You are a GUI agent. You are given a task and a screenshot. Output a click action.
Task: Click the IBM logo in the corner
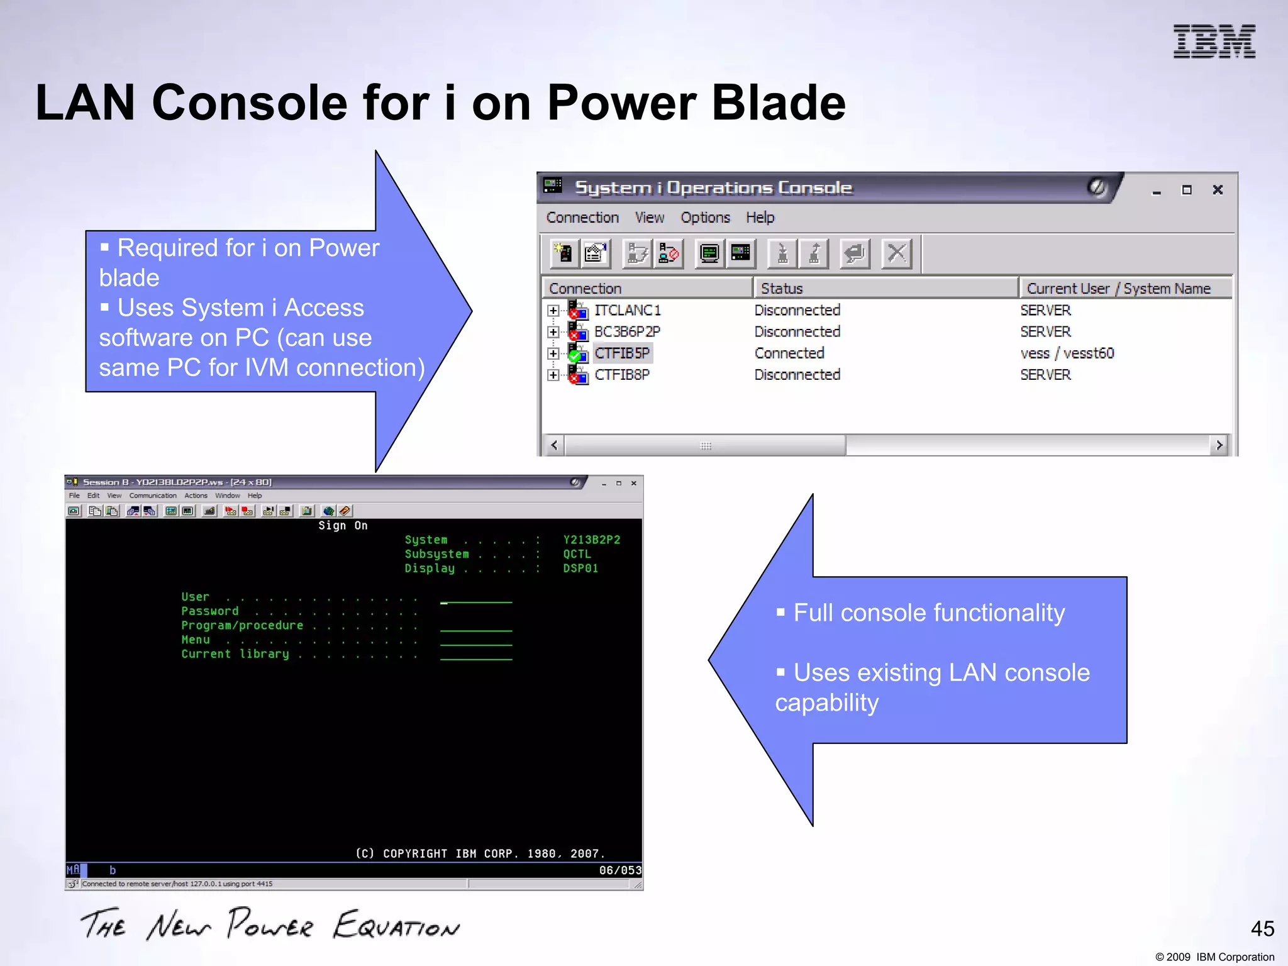(1214, 42)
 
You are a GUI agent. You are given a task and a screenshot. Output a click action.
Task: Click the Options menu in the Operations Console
(705, 218)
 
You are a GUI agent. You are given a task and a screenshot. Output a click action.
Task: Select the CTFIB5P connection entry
(622, 353)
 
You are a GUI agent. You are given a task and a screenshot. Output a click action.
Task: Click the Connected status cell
(789, 353)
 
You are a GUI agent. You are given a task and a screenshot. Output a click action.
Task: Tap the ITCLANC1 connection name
(627, 311)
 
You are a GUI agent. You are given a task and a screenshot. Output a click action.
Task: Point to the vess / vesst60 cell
(1067, 353)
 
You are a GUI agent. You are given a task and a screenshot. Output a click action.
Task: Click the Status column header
(782, 289)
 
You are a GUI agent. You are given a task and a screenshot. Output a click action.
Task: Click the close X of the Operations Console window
(1218, 190)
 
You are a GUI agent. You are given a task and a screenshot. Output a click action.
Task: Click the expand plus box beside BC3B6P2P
(553, 332)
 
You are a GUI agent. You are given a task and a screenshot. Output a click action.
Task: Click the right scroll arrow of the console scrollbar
(1219, 445)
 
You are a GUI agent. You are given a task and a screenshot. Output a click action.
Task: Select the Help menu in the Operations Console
(760, 218)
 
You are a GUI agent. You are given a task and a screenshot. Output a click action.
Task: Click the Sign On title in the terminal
(343, 526)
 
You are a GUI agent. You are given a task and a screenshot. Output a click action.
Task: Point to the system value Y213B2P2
(591, 540)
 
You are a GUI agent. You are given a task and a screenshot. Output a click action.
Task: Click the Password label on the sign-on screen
(210, 611)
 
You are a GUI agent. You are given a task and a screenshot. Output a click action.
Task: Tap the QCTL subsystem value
(577, 554)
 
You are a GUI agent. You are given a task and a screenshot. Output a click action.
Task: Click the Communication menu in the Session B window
(153, 496)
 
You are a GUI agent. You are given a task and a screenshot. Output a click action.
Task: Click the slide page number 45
(1262, 929)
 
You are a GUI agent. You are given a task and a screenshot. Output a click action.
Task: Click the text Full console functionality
(929, 613)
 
